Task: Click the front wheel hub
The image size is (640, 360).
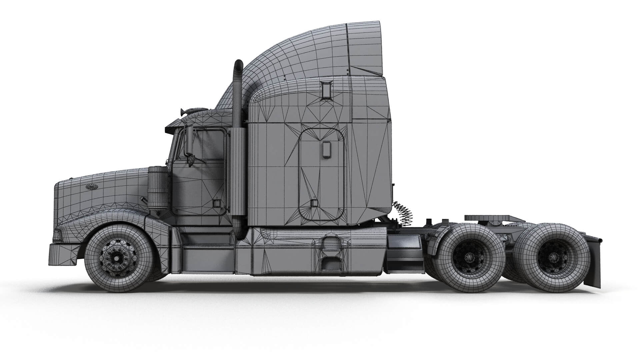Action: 116,257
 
